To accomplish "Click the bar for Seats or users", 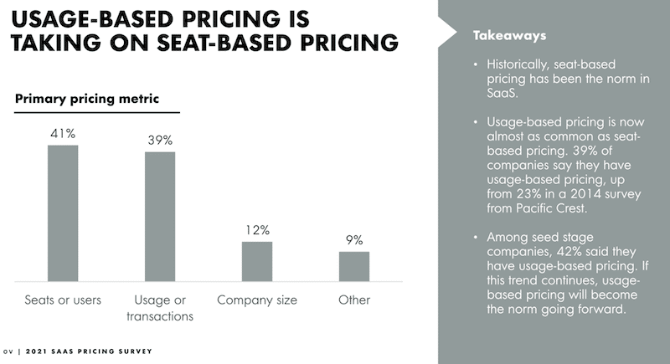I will (62, 213).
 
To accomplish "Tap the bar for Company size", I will (257, 261).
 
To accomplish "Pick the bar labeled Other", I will (354, 266).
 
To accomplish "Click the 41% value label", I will (63, 132).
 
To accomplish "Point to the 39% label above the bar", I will (160, 139).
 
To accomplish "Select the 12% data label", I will (257, 228).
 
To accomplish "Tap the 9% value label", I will (354, 239).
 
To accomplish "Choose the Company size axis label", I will (257, 300).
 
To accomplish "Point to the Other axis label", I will (354, 300).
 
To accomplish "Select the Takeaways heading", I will (509, 36).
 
